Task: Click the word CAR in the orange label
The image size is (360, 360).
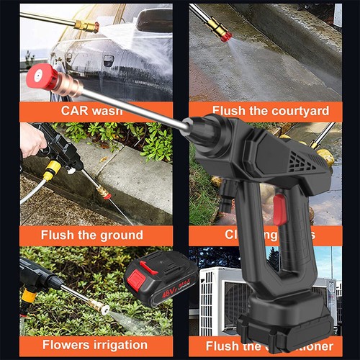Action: point(76,111)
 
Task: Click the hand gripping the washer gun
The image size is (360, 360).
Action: point(32,140)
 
